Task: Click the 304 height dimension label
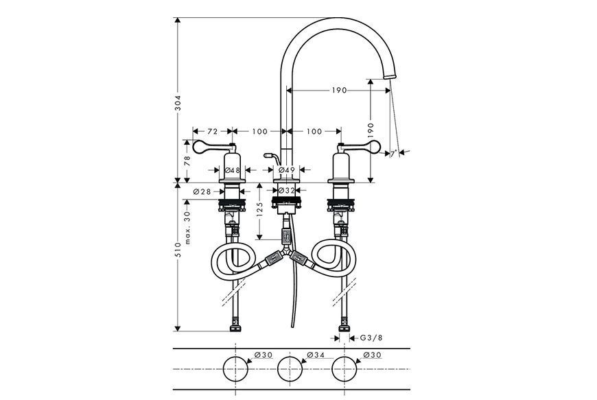tap(178, 102)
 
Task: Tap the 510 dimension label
tap(178, 250)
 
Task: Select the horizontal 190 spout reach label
tap(339, 90)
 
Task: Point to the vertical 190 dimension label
tap(371, 131)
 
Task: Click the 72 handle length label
tap(213, 131)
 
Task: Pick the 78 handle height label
tap(187, 161)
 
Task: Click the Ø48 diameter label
tap(232, 170)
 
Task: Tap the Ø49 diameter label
tap(287, 169)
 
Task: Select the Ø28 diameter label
tap(202, 192)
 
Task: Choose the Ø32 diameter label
tap(287, 190)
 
